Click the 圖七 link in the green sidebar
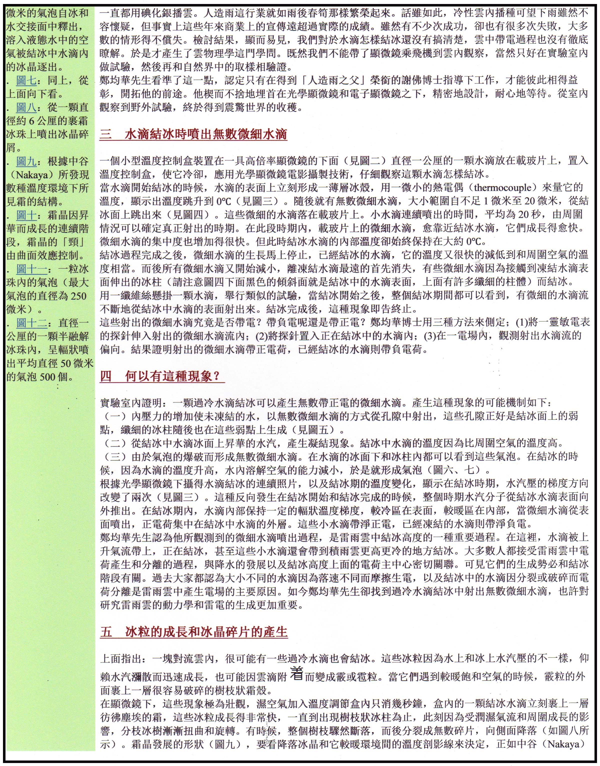(x=26, y=80)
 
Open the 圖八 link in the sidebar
(x=26, y=107)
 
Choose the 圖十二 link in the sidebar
(x=32, y=323)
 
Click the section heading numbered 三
(x=193, y=134)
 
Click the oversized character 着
(x=297, y=673)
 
